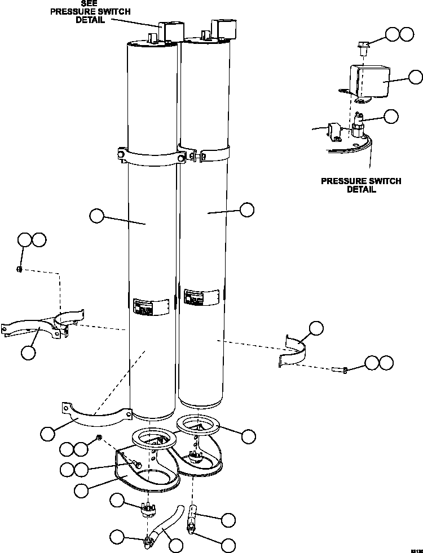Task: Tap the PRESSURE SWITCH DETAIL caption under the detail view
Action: pyautogui.click(x=361, y=185)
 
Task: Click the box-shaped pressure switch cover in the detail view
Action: pyautogui.click(x=370, y=83)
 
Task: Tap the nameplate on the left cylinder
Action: pyautogui.click(x=151, y=307)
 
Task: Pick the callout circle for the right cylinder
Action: pyautogui.click(x=246, y=210)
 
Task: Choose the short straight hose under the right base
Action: pyautogui.click(x=193, y=513)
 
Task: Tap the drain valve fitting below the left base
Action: pyautogui.click(x=148, y=511)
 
